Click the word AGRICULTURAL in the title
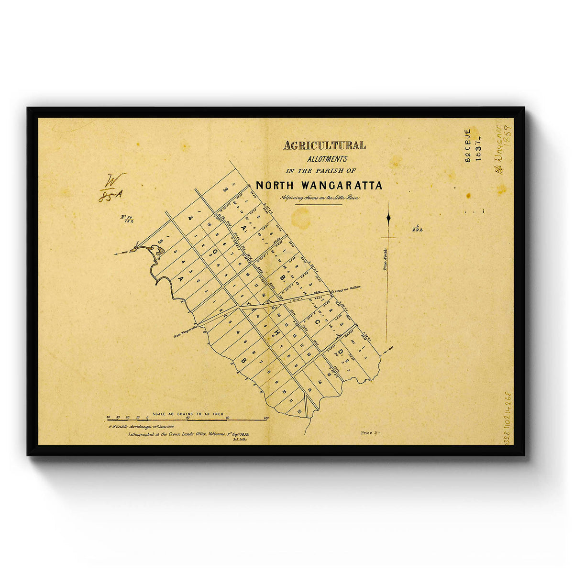click(x=324, y=145)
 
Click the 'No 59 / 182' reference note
click(x=127, y=219)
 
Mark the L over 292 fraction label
click(x=417, y=228)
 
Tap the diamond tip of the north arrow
click(x=388, y=218)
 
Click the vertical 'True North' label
click(x=385, y=260)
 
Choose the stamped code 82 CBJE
click(x=467, y=146)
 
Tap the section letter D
click(x=340, y=353)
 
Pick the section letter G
click(x=215, y=252)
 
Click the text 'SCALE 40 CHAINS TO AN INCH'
click(x=188, y=414)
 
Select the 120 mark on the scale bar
click(x=266, y=418)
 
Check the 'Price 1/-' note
click(x=370, y=432)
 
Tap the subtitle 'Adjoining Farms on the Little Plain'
click(x=320, y=198)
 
